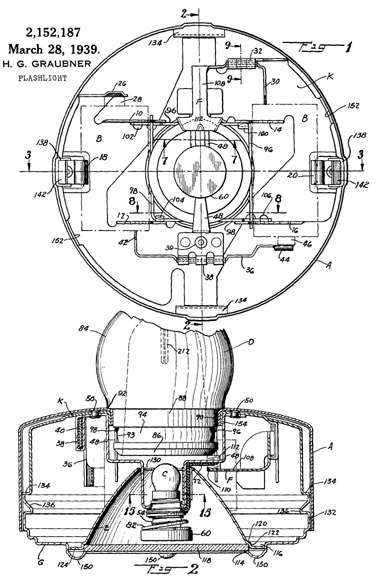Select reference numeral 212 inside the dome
pos(183,349)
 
